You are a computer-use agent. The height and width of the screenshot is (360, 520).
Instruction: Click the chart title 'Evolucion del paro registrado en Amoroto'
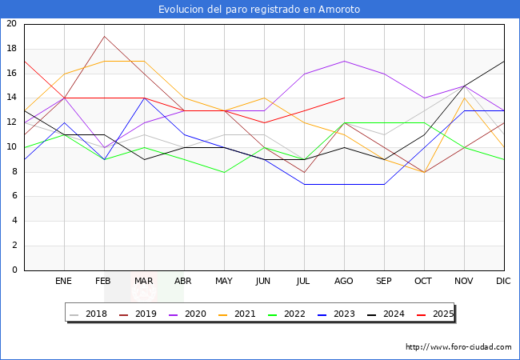point(259,10)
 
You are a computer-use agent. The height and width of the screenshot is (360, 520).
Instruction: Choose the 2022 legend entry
point(286,314)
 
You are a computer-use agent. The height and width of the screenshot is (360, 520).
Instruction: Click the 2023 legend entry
point(334,314)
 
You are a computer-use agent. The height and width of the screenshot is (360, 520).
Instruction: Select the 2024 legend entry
point(382,314)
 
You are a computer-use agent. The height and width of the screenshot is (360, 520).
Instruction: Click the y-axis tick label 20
point(11,24)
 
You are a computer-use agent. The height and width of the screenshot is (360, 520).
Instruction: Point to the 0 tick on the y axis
point(14,270)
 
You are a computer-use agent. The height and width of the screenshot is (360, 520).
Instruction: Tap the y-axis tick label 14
point(11,98)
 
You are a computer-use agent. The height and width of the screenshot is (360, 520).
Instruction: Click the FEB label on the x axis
point(104,282)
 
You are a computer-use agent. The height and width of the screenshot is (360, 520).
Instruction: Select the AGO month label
point(344,282)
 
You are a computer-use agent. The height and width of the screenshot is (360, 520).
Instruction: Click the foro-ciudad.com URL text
point(458,347)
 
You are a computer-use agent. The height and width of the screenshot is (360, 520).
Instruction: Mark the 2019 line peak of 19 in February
point(104,36)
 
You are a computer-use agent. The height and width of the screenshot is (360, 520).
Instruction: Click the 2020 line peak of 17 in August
point(344,61)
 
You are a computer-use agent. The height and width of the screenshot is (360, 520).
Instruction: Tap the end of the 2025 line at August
point(344,98)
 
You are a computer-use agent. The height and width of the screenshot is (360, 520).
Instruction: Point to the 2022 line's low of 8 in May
point(224,172)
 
